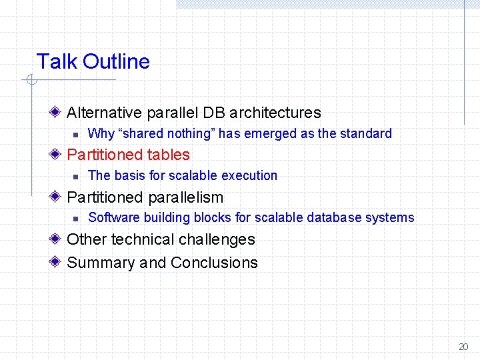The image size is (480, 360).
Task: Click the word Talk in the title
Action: [x=57, y=62]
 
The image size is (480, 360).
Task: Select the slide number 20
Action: [x=463, y=347]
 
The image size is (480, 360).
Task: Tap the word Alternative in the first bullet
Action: [x=104, y=113]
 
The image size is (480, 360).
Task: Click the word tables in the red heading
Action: [x=168, y=155]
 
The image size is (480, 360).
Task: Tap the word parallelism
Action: [x=185, y=197]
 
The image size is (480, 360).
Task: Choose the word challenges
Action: [x=220, y=239]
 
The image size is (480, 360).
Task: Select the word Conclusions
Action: [x=214, y=263]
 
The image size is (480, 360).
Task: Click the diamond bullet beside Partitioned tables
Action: [x=59, y=155]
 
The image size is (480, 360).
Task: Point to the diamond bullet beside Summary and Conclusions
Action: [x=59, y=262]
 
